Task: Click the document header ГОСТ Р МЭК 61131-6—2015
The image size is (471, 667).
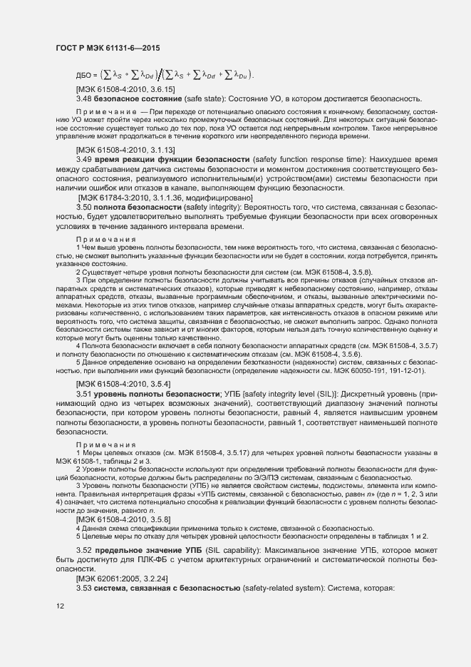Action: pyautogui.click(x=107, y=47)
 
